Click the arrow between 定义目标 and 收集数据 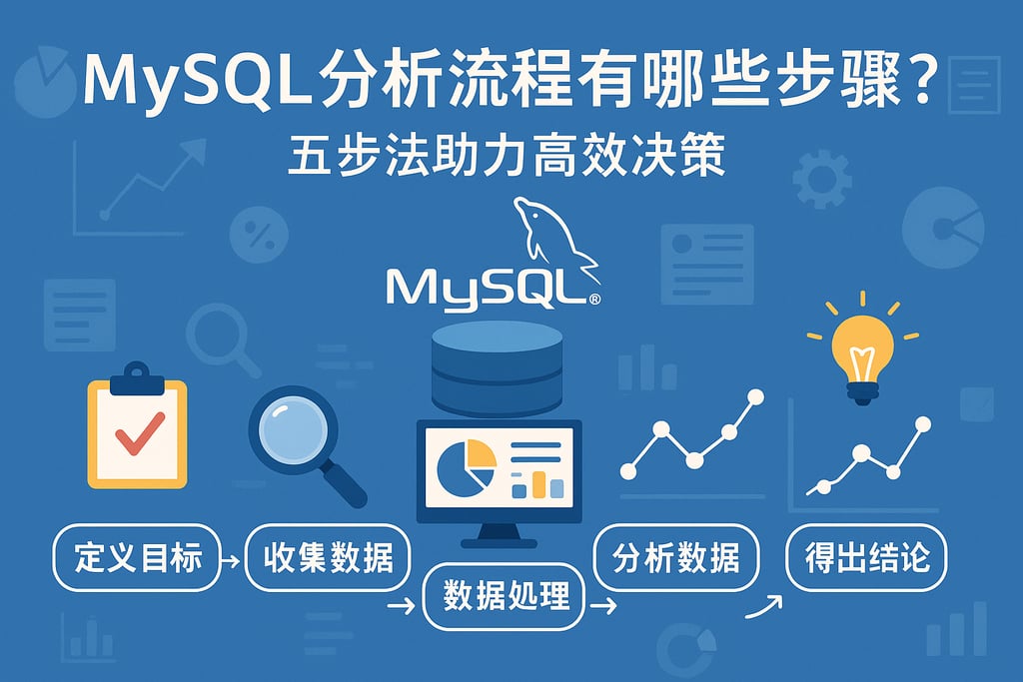click(x=228, y=561)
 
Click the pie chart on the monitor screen click(x=467, y=464)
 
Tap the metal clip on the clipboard click(x=137, y=379)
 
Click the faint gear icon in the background click(x=821, y=179)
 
